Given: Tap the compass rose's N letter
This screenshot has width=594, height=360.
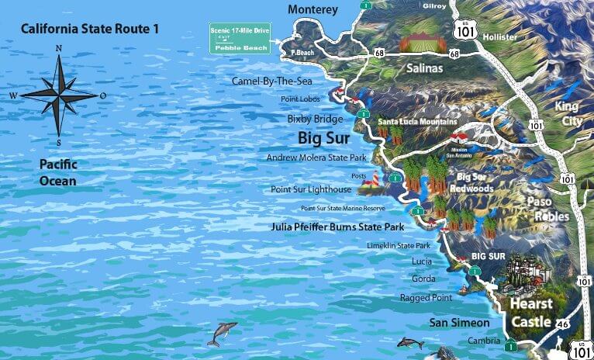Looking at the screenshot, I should [x=60, y=49].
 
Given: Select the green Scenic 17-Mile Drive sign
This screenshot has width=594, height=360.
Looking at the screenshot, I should [x=239, y=39].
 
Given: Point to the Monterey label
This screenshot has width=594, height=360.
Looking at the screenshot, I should [x=313, y=9].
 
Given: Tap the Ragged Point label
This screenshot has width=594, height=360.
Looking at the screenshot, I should [x=425, y=297].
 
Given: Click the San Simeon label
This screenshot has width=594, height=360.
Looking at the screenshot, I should [x=460, y=322].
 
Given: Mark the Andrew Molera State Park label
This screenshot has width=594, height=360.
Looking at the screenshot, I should [x=316, y=157].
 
